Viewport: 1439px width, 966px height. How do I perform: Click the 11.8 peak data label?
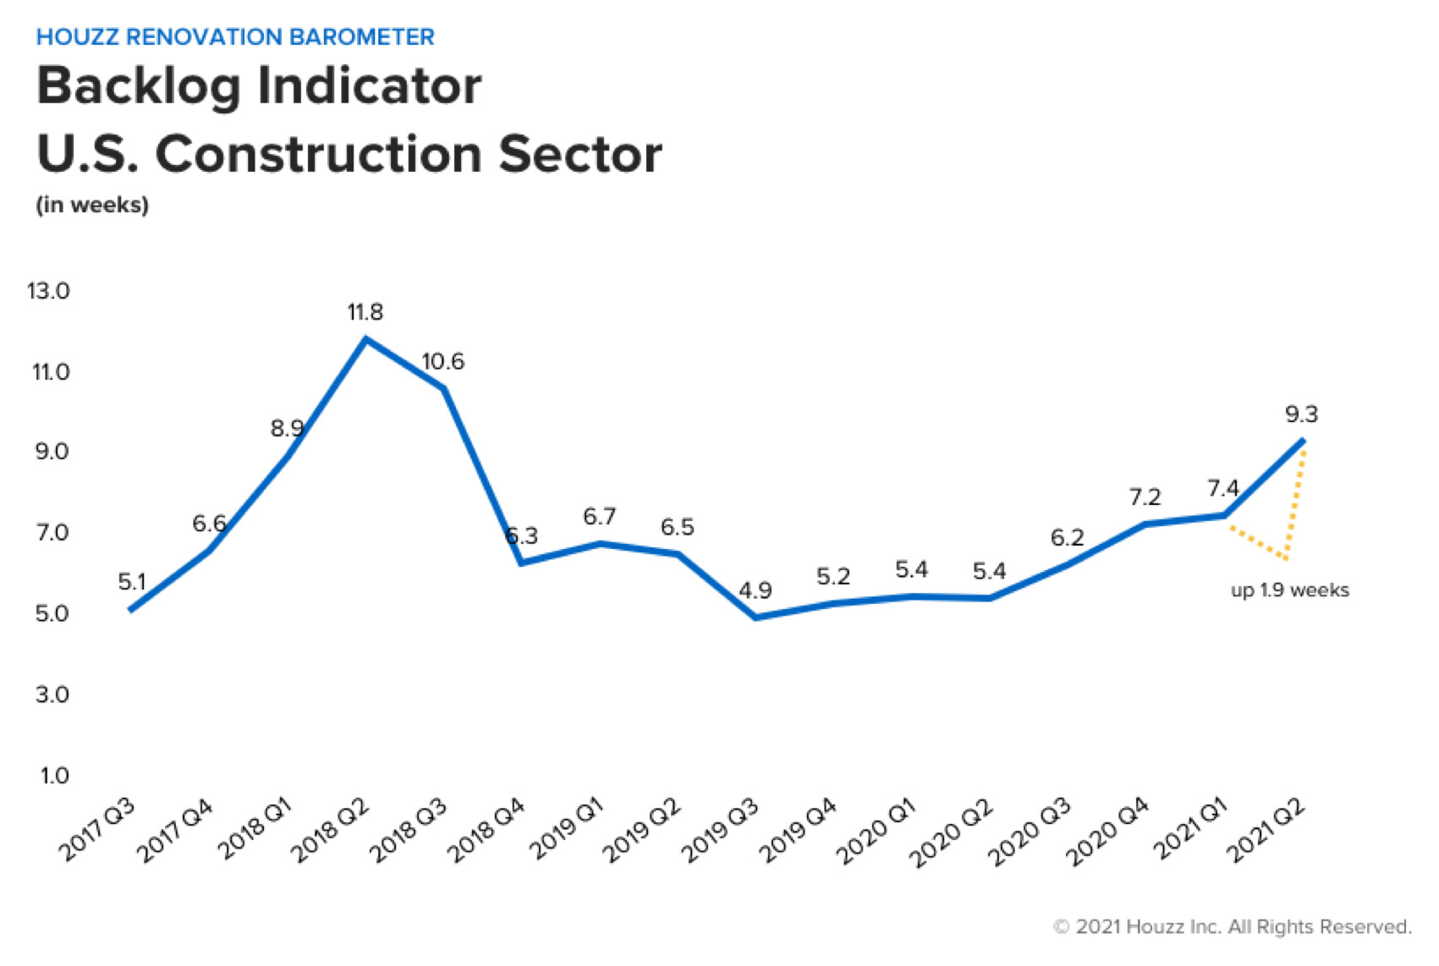(365, 312)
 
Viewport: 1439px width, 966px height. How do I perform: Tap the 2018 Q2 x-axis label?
(330, 831)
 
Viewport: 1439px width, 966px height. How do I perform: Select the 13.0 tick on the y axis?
(48, 291)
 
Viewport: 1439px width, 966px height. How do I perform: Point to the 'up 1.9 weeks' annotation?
(1289, 590)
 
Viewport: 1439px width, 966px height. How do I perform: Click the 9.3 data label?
(1301, 414)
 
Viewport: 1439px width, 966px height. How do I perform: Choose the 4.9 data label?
(755, 590)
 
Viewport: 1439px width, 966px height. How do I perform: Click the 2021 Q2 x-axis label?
(1266, 831)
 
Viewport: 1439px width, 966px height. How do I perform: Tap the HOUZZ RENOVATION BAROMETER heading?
(235, 36)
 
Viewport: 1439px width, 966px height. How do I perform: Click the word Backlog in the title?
(139, 87)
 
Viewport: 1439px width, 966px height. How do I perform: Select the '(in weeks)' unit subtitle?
(92, 205)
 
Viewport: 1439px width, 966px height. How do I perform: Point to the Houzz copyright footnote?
(1232, 927)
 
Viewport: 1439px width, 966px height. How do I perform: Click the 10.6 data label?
(442, 361)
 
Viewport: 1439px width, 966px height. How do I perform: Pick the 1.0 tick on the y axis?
(54, 775)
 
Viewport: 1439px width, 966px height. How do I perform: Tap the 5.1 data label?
(132, 582)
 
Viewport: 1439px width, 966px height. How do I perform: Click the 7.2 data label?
(1145, 497)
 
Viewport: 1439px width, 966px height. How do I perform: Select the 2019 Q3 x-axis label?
(719, 831)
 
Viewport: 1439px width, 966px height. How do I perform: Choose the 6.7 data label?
(599, 516)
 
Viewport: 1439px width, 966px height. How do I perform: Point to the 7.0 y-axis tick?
(52, 532)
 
